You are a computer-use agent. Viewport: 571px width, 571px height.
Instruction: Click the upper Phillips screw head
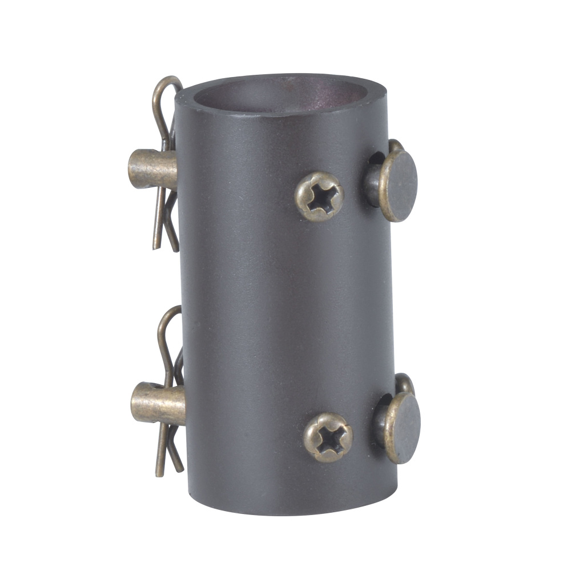(x=319, y=196)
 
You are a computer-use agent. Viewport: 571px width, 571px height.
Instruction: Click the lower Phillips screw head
(x=328, y=437)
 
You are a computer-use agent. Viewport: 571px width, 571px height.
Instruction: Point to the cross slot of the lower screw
(x=328, y=438)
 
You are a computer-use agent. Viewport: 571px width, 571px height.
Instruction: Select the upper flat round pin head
(x=399, y=186)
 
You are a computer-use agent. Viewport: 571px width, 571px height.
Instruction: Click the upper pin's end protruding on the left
(x=137, y=169)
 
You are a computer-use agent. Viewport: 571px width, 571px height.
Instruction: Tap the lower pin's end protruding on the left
(x=140, y=403)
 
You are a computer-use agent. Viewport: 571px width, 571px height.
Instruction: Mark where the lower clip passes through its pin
(x=171, y=400)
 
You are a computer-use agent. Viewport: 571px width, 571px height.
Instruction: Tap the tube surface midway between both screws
(x=323, y=317)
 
